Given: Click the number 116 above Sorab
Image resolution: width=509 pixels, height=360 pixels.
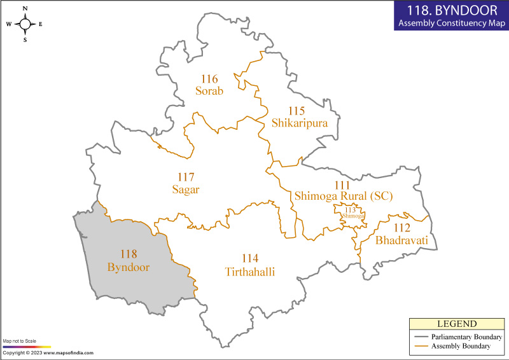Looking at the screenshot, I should [x=209, y=80].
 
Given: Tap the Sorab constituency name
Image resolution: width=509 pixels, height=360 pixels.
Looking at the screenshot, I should [x=209, y=91].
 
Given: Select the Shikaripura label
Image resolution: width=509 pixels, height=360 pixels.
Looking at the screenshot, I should [x=299, y=123].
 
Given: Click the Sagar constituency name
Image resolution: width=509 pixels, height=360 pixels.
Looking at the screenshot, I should [x=186, y=189].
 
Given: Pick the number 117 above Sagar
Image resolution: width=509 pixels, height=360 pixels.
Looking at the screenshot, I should [x=186, y=177].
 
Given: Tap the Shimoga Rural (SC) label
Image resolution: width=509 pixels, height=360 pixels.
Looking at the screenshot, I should [x=343, y=197].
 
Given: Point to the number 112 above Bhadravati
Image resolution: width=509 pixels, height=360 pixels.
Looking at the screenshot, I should [x=401, y=228].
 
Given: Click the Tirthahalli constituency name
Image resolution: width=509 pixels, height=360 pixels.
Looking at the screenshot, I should [x=250, y=272].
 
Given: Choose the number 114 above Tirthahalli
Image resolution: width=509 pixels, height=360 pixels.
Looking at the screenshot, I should [x=250, y=260].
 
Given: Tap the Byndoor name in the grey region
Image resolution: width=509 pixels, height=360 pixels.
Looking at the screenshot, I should [x=129, y=267].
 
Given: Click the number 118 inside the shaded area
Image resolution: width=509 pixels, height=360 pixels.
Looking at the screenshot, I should [x=129, y=255].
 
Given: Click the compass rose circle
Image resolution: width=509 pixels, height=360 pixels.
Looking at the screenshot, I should [x=25, y=24].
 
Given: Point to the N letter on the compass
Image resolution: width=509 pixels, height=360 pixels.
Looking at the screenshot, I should [x=25, y=9].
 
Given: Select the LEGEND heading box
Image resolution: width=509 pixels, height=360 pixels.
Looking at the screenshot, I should [x=456, y=324].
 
